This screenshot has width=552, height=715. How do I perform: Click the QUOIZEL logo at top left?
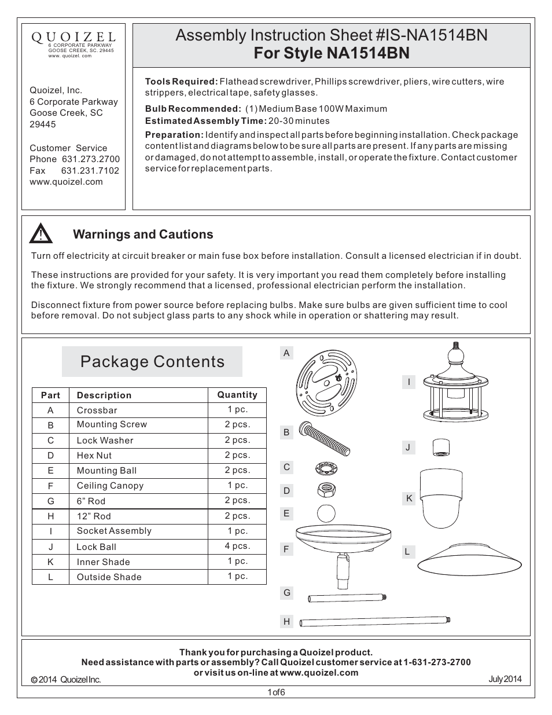pyautogui.click(x=73, y=38)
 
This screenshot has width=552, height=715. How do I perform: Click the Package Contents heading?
pyautogui.click(x=152, y=362)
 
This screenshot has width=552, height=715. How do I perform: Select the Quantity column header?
pyautogui.click(x=237, y=395)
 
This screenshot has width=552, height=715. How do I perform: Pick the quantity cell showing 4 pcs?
pyautogui.click(x=237, y=546)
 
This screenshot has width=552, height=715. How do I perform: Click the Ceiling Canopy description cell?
pyautogui.click(x=110, y=486)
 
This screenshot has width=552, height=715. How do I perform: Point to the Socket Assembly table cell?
pyautogui.click(x=114, y=531)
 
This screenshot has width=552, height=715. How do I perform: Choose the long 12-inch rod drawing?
pyautogui.click(x=375, y=622)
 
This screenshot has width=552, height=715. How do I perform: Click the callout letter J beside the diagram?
pyautogui.click(x=408, y=447)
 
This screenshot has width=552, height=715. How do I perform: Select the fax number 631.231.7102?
pyautogui.click(x=90, y=171)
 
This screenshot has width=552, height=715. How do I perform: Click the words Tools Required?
pyautogui.click(x=181, y=82)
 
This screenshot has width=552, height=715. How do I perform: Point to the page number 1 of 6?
pyautogui.click(x=276, y=692)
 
